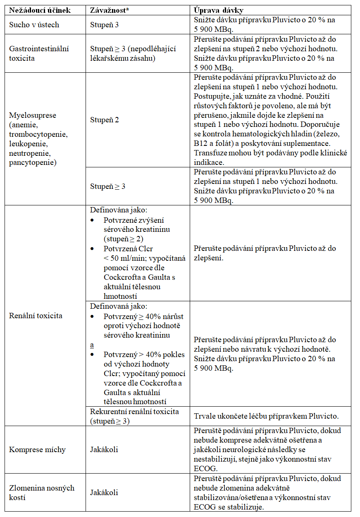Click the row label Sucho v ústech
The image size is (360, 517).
click(34, 25)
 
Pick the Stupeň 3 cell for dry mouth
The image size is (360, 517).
click(105, 25)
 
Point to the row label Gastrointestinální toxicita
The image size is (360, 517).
click(39, 53)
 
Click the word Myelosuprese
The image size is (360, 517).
click(33, 115)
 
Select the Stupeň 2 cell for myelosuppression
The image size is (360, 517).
click(105, 120)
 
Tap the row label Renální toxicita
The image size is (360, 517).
click(36, 316)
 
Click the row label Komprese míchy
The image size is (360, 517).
click(37, 450)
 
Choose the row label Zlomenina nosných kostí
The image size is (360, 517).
click(42, 492)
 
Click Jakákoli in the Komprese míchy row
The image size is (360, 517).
click(104, 450)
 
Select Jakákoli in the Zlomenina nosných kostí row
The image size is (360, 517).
click(104, 492)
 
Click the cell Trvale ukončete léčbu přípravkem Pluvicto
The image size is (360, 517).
click(266, 416)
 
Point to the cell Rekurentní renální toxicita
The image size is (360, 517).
click(135, 416)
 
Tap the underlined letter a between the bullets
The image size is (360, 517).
click(92, 345)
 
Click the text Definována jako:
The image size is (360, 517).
click(116, 210)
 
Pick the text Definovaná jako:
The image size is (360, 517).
click(116, 307)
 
